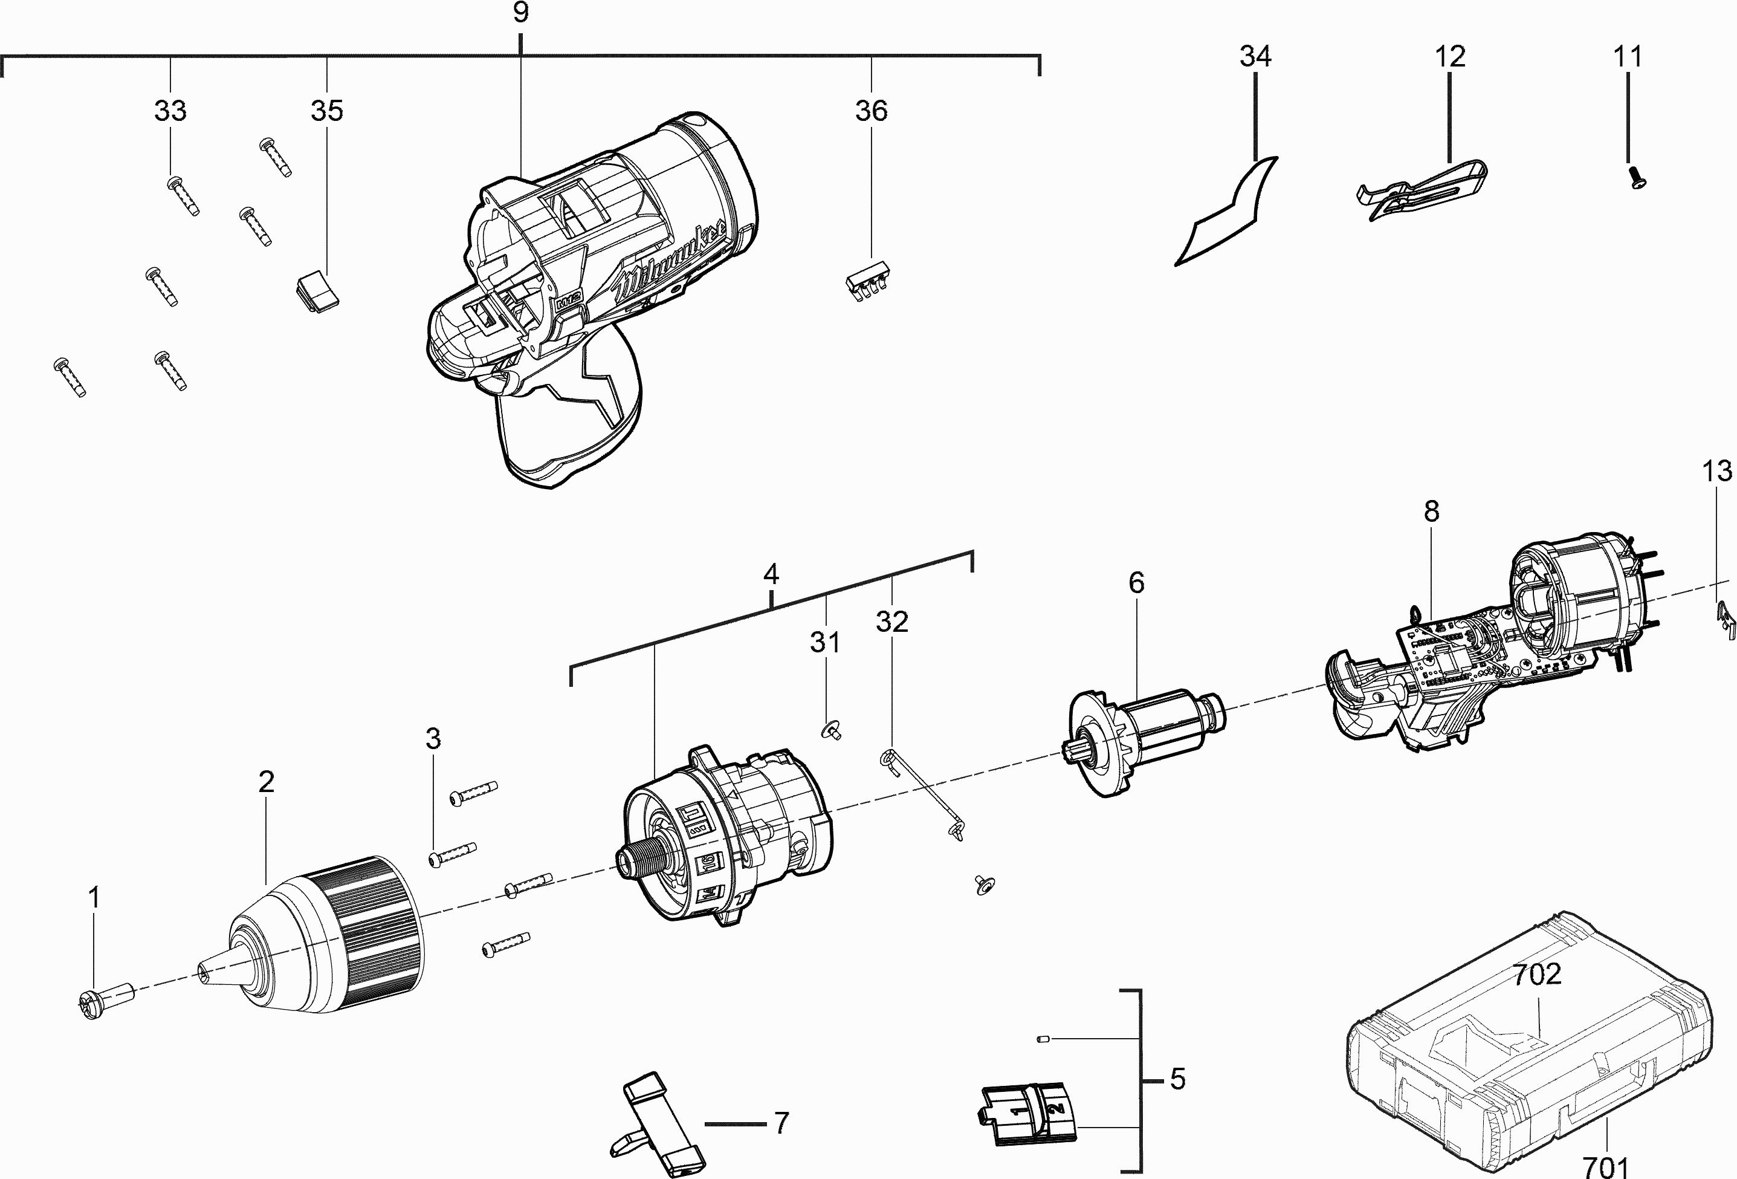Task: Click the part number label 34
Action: pos(1255,57)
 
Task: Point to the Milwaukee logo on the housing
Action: pos(669,262)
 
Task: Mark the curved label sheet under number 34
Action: pos(1226,213)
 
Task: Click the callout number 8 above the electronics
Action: pos(1431,512)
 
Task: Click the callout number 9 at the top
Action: pos(521,13)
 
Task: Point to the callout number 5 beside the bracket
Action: pos(1177,1079)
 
